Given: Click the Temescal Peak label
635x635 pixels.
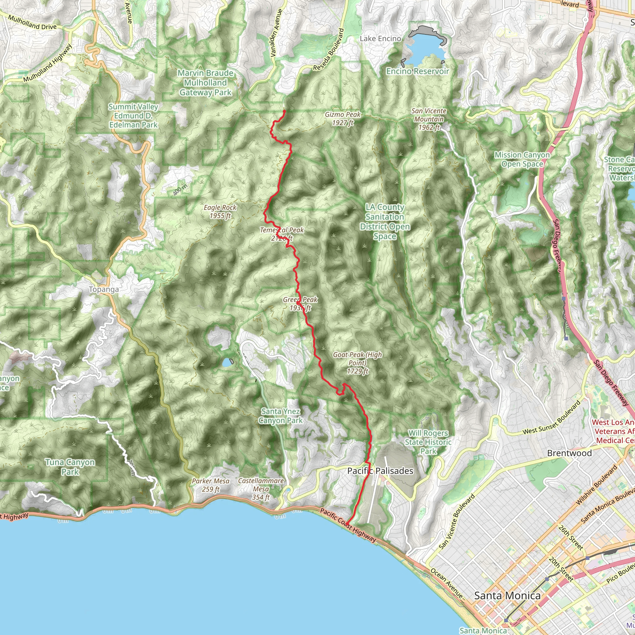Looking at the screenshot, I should (x=282, y=234).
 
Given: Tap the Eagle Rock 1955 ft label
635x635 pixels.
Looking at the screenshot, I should (x=220, y=212).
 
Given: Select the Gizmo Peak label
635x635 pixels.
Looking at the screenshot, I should (x=343, y=119).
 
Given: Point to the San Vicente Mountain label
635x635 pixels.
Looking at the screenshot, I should (x=429, y=119).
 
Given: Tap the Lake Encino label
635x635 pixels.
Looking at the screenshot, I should (x=380, y=39).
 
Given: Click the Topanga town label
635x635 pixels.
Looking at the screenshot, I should (x=104, y=290).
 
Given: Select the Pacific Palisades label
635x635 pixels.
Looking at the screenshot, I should (x=380, y=471).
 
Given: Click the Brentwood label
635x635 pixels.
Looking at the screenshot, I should (x=569, y=453).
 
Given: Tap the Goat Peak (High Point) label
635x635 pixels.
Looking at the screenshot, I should (x=357, y=363).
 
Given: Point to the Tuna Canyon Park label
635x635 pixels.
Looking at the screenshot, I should (x=70, y=467).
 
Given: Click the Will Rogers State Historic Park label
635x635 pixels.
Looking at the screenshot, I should (x=428, y=442).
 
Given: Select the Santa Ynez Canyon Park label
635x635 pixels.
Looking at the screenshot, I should (x=280, y=416).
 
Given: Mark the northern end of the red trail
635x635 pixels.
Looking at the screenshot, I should (x=284, y=110).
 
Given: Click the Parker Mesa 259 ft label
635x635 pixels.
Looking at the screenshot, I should (x=210, y=485).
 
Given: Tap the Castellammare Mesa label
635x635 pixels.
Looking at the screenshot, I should (x=261, y=489).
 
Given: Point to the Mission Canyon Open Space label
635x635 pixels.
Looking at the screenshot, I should (x=522, y=159).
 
